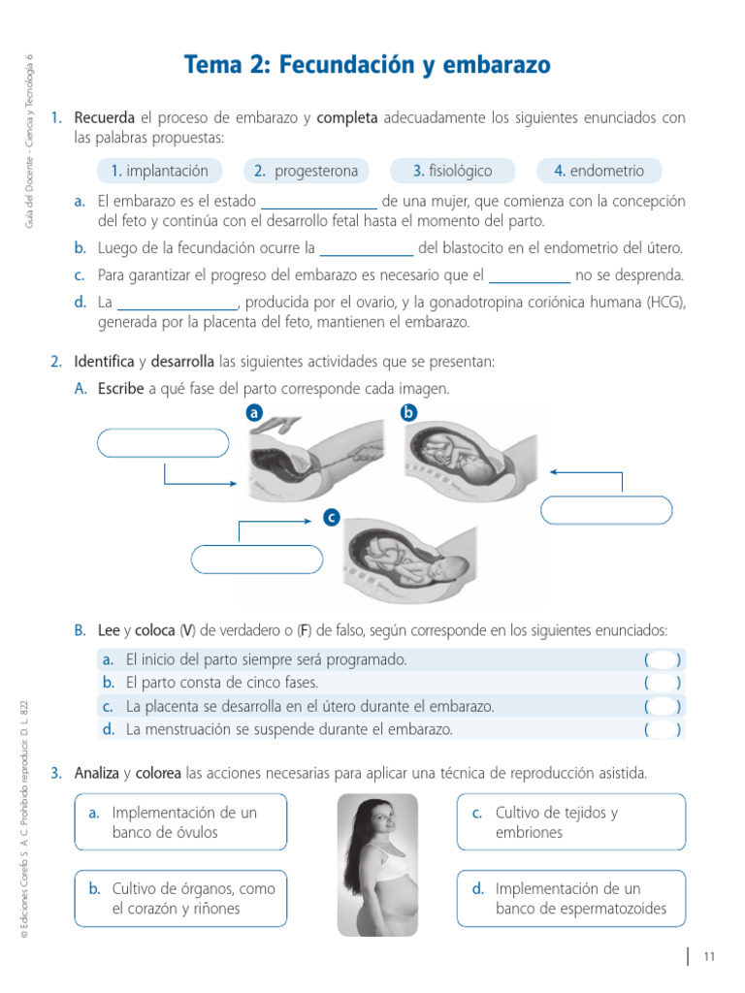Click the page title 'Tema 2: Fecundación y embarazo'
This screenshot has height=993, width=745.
[x=367, y=65]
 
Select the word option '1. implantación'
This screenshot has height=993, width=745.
[x=160, y=172]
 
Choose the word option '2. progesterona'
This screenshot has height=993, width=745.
[x=306, y=172]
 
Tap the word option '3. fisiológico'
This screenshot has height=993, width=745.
[x=452, y=172]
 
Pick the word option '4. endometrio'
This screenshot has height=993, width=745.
[x=599, y=172]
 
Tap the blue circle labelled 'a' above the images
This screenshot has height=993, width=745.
[x=255, y=413]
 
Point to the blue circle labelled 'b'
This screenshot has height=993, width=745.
[x=408, y=413]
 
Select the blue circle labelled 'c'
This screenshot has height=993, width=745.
[x=332, y=519]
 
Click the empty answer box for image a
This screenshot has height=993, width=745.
[x=163, y=443]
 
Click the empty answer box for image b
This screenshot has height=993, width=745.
[x=606, y=510]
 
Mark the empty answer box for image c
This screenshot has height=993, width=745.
[x=257, y=560]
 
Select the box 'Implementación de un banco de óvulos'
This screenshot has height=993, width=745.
[x=180, y=822]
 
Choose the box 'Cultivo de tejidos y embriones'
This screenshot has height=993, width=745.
[x=570, y=822]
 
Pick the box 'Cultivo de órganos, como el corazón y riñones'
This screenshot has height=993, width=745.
[x=180, y=898]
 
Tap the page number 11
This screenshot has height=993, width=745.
[x=709, y=957]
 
